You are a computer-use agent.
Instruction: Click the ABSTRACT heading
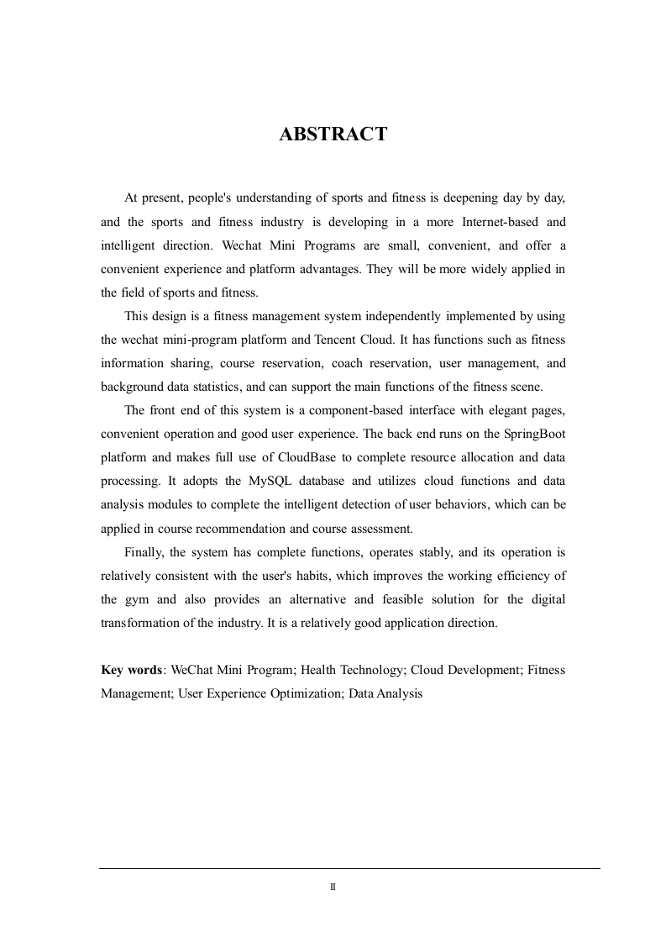point(333,134)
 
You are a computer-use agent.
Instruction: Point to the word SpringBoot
point(527,434)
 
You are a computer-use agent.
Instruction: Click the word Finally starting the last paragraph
point(144,552)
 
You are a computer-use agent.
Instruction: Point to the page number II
point(333,887)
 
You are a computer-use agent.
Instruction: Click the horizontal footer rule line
point(349,868)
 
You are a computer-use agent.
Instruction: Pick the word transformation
point(139,623)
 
